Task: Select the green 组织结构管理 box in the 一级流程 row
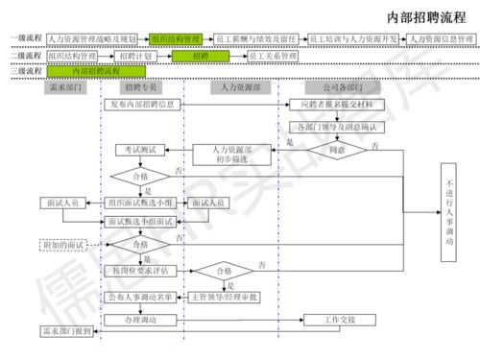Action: pos(176,38)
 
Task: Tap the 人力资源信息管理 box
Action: pos(440,38)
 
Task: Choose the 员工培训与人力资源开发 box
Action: pos(354,38)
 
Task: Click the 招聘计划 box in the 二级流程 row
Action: pos(142,56)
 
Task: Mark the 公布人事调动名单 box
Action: pos(141,297)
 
